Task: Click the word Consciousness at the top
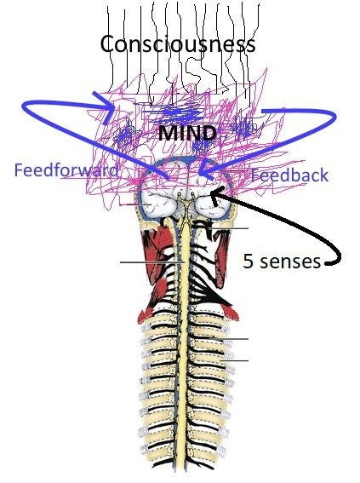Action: click(x=178, y=43)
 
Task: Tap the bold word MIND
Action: click(x=187, y=134)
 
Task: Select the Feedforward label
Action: click(x=66, y=170)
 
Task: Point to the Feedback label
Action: click(x=289, y=175)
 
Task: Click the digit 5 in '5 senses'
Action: click(x=248, y=261)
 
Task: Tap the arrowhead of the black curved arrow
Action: click(x=214, y=196)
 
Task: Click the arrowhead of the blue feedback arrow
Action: click(x=206, y=170)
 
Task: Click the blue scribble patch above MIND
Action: click(x=179, y=113)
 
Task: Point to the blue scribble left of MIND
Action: click(x=124, y=135)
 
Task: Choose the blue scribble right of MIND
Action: click(x=244, y=127)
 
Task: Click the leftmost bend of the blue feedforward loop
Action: click(x=23, y=106)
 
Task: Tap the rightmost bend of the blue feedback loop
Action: click(x=334, y=116)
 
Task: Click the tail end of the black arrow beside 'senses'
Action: click(x=327, y=263)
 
